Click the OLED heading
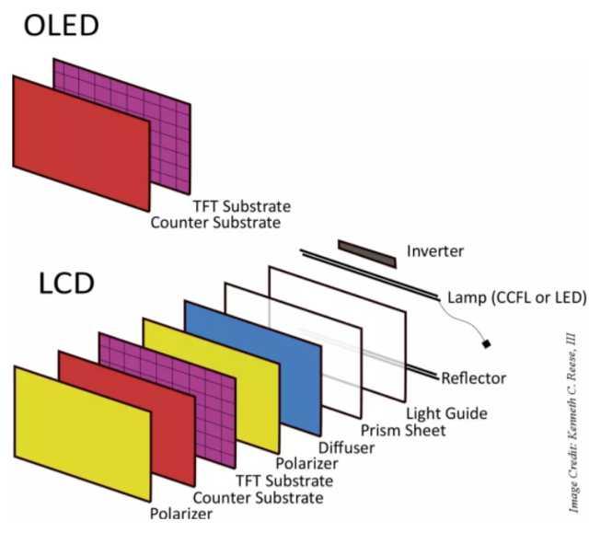pos(62,25)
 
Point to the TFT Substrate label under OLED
pos(242,205)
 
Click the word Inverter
pos(434,250)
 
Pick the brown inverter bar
pos(366,253)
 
